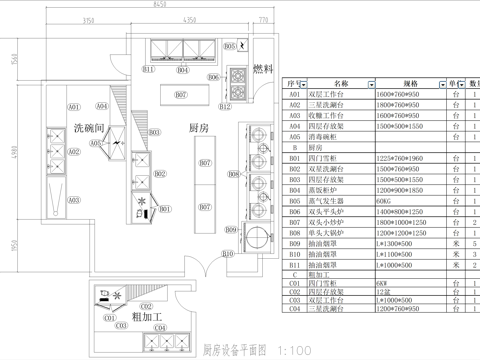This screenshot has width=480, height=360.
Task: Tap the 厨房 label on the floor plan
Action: [198, 128]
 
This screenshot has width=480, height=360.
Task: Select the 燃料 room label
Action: [263, 69]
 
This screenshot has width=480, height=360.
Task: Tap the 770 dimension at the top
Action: [263, 19]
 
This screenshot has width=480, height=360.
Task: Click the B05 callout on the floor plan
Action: [229, 46]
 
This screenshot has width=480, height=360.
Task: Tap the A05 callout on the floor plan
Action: [97, 143]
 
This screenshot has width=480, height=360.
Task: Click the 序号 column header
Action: [293, 84]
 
